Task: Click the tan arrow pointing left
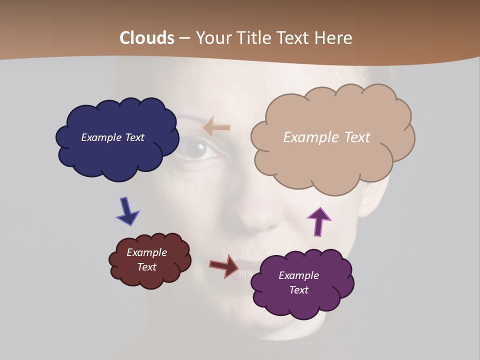click(x=217, y=127)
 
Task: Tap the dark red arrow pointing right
click(x=224, y=265)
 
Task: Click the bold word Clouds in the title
click(x=147, y=38)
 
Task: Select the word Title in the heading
click(x=254, y=38)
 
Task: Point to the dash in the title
click(x=184, y=38)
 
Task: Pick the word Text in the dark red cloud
click(x=147, y=267)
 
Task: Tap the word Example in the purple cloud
click(x=298, y=275)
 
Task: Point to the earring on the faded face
click(x=363, y=203)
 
